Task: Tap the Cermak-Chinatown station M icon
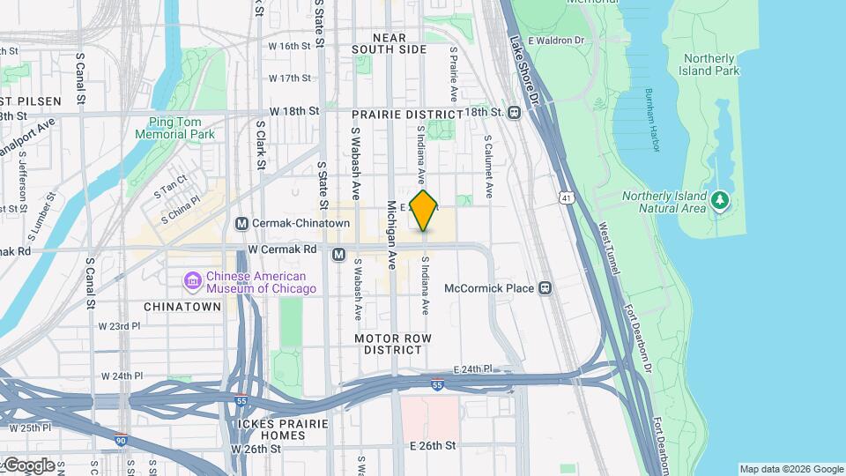[241, 223]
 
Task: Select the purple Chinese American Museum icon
[192, 281]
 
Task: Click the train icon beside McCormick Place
[545, 288]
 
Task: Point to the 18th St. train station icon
[514, 112]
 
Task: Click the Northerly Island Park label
[710, 64]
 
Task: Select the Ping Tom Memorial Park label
[175, 128]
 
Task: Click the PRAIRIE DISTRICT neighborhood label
[406, 115]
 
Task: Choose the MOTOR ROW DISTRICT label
[393, 344]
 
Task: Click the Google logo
[28, 465]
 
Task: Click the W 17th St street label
[290, 78]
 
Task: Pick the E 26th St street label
[433, 446]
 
